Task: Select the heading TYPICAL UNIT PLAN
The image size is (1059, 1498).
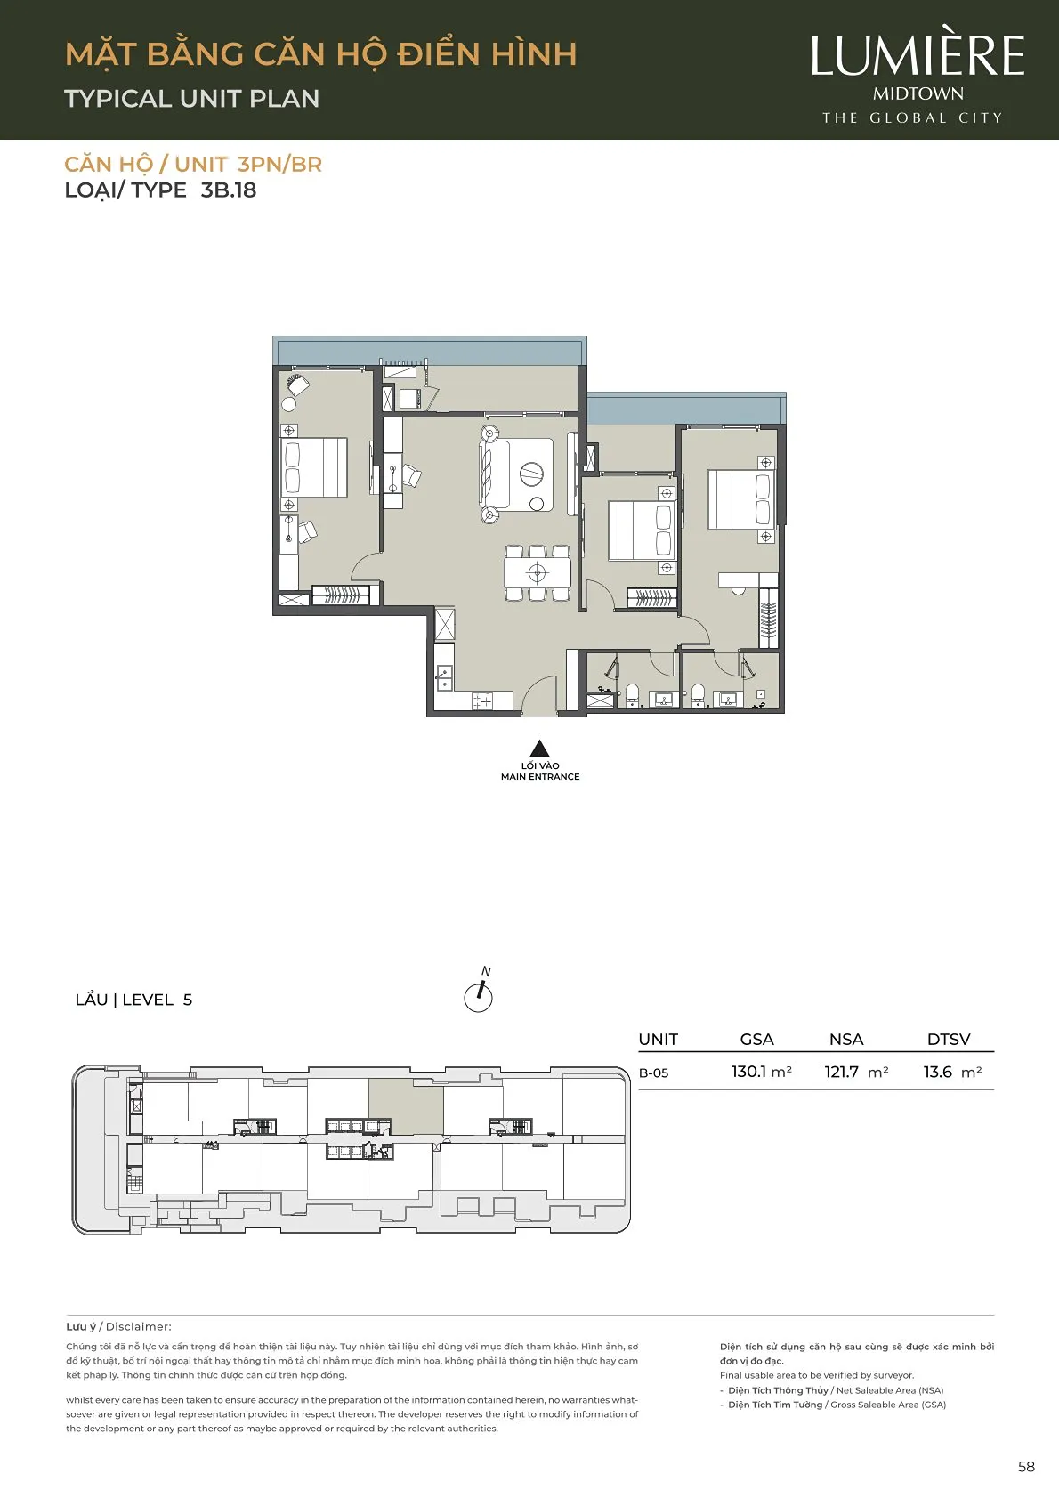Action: (192, 99)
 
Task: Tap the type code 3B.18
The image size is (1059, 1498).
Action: (229, 190)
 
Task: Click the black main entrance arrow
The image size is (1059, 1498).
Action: (539, 749)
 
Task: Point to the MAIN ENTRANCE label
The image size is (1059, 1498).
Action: (540, 776)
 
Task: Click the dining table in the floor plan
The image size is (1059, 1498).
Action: (538, 573)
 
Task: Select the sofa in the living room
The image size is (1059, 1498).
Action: (494, 474)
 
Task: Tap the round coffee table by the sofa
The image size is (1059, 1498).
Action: (531, 474)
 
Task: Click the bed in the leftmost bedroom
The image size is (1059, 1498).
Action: (313, 467)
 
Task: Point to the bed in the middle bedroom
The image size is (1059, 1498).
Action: (641, 531)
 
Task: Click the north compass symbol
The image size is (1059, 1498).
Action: (479, 992)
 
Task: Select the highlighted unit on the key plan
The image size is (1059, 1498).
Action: (406, 1106)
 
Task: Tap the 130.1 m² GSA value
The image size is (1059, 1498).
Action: (762, 1072)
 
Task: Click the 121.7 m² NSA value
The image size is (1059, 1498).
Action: (856, 1072)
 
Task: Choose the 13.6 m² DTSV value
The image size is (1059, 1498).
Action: (953, 1072)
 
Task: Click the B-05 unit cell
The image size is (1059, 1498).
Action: (654, 1073)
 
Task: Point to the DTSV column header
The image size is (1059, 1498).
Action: (949, 1040)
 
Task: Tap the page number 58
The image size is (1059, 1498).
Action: (1026, 1467)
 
